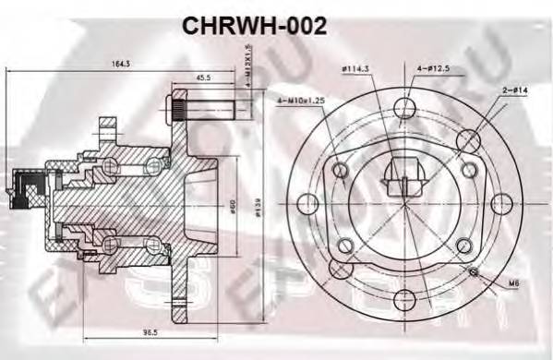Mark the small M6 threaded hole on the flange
point(474,271)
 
